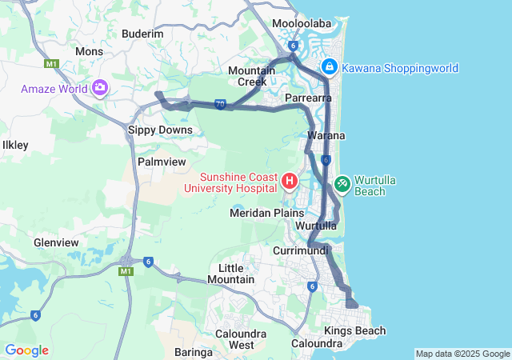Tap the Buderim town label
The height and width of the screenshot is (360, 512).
[142, 34]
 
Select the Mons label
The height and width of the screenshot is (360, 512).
[89, 51]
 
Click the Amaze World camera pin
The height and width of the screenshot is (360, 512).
[100, 86]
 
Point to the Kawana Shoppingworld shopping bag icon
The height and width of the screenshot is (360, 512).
[329, 66]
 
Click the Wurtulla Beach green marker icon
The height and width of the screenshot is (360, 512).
[342, 183]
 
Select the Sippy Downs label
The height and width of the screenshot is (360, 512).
[160, 130]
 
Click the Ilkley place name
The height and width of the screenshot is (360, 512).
[15, 146]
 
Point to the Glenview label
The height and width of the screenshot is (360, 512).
[56, 242]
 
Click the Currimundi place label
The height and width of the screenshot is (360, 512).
[301, 250]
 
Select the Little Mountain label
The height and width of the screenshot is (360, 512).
[230, 274]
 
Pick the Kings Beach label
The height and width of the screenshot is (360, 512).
[354, 330]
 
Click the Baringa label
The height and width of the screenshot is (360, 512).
[193, 352]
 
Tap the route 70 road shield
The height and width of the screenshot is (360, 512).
[221, 105]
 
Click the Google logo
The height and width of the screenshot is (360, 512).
[26, 350]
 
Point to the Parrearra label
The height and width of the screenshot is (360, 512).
[309, 98]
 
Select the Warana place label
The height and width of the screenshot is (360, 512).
[326, 136]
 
